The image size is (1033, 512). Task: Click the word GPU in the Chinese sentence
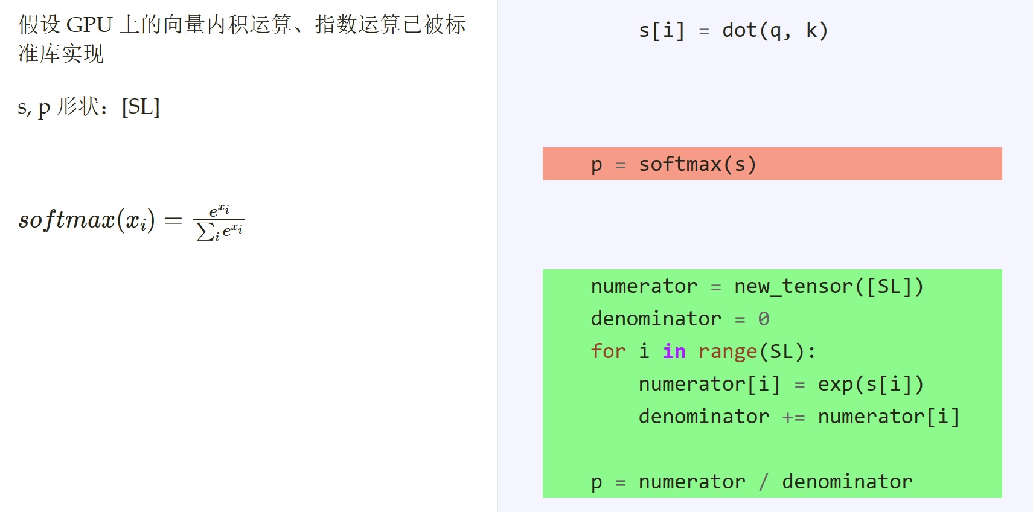[x=89, y=25]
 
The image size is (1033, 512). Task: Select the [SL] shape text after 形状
[x=141, y=107]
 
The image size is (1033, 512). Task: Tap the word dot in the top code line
[x=740, y=30]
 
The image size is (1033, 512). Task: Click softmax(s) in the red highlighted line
[x=698, y=164]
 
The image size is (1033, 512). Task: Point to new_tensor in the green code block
[x=794, y=286]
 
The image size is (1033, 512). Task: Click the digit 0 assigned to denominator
[x=764, y=319]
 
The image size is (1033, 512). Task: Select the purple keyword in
[x=674, y=351]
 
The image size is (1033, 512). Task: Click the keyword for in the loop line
[x=609, y=351]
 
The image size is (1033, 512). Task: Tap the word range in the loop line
[x=728, y=352]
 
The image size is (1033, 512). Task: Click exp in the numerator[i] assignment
[x=836, y=385]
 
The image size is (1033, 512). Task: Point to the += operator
[x=794, y=417]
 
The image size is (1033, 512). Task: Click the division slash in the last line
[x=764, y=482]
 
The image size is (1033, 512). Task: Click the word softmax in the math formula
[x=66, y=220]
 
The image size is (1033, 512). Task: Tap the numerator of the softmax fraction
[x=220, y=211]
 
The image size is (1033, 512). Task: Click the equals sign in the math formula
[x=173, y=220]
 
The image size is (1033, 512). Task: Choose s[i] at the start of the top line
[x=662, y=30]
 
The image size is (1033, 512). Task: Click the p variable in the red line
[x=596, y=165]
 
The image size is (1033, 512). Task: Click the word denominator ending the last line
[x=847, y=482]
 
